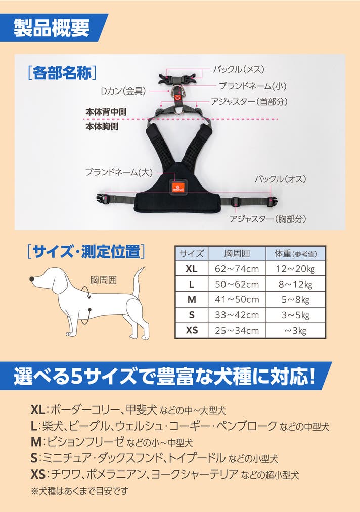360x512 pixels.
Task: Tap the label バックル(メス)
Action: (239, 69)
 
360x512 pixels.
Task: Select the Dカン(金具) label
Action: (123, 91)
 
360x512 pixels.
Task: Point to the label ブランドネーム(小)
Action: (252, 86)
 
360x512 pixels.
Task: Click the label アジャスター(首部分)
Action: (249, 102)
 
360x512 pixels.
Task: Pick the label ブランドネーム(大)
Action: (119, 172)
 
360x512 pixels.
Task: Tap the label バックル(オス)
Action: (280, 179)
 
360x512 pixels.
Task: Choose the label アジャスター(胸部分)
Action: (267, 219)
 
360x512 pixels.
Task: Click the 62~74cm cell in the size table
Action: (237, 269)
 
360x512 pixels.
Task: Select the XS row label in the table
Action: (192, 330)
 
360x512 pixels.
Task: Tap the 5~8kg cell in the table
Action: (295, 299)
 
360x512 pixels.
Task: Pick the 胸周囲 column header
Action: (237, 253)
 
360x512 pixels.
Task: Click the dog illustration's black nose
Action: (32, 279)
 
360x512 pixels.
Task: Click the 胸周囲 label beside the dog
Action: (103, 280)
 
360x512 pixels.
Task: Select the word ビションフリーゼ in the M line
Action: (85, 442)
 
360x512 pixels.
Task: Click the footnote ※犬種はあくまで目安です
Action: (79, 491)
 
